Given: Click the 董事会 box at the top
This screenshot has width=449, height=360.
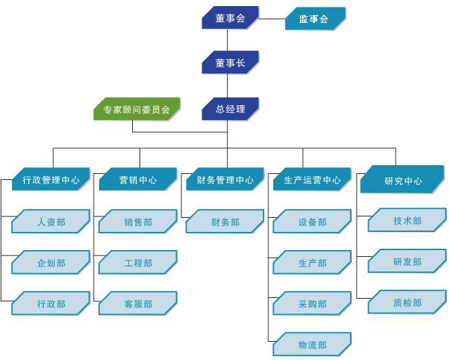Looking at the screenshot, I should point(230,18).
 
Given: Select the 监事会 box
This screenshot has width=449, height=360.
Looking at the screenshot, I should point(314,19).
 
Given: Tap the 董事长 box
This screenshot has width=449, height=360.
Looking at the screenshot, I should point(230,63).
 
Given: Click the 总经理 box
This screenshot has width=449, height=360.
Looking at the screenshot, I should point(230,109).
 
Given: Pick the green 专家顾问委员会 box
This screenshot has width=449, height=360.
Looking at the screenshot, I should point(136,109).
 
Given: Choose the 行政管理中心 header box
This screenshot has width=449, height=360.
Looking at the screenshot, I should point(51,180).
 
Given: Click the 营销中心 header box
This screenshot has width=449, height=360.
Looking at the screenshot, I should point(138,180).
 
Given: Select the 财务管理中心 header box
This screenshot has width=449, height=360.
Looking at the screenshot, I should point(224,180).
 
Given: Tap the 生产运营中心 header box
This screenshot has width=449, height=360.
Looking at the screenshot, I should point(311,180).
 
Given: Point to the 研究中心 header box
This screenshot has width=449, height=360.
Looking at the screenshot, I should point(402,181).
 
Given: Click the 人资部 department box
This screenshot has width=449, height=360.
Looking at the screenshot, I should point(51,222).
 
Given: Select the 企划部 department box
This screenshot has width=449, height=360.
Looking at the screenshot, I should point(51,263).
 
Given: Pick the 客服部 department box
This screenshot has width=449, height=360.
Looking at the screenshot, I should point(138,304).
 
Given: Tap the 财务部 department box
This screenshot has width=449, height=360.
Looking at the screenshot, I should point(224,222).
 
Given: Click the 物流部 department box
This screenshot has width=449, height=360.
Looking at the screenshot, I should point(311,345).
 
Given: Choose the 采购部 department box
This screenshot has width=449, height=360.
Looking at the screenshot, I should point(311,304).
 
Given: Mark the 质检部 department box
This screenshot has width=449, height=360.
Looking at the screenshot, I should point(407,303).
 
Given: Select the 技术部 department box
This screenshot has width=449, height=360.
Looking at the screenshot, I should point(407,220).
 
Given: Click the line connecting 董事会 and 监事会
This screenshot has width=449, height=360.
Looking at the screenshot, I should point(272,18).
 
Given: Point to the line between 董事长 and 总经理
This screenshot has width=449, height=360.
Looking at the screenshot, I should point(227,86).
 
